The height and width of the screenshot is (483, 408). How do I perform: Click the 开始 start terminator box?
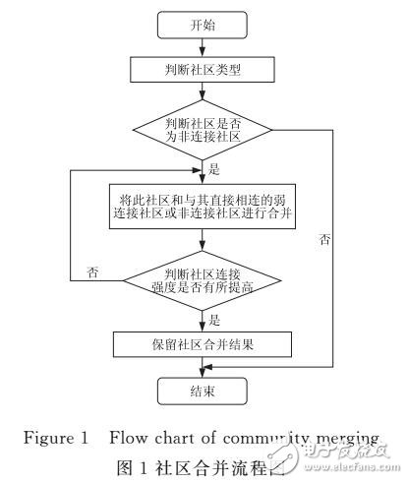pos(203,24)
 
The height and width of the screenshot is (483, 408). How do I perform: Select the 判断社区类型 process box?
pos(203,70)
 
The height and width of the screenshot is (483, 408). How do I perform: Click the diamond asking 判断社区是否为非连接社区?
pos(203,130)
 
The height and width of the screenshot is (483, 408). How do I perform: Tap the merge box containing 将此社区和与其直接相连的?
pos(203,206)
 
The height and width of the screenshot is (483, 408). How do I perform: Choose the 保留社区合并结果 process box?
pos(203,344)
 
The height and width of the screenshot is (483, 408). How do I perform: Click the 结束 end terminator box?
pos(203,392)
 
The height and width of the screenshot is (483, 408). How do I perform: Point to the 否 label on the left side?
pos(92,270)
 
